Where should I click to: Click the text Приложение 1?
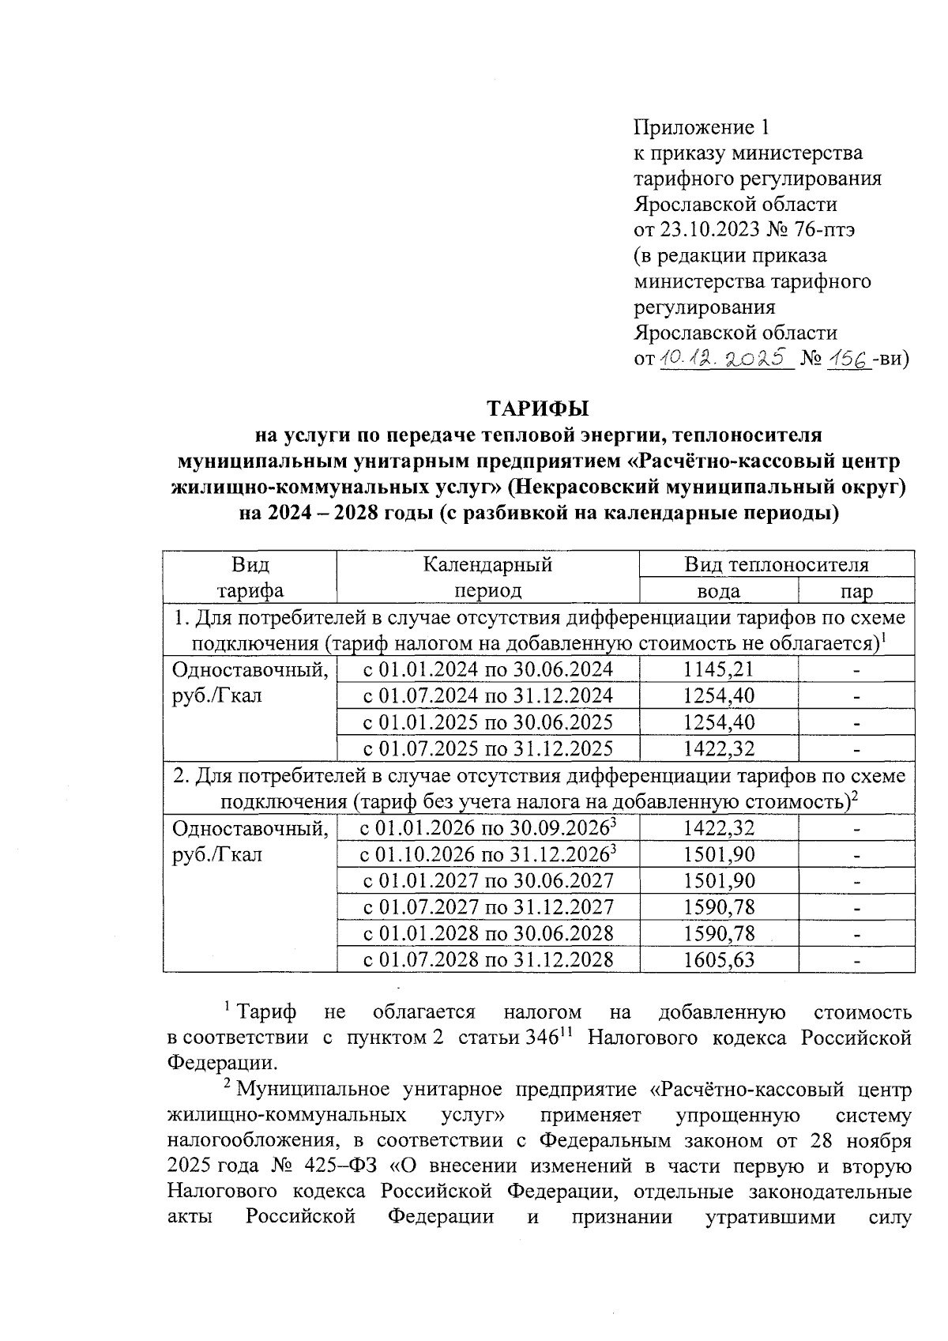point(701,127)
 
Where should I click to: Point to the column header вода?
point(718,591)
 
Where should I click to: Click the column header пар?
point(856,591)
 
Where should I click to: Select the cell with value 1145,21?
point(718,669)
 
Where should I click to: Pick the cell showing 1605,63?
point(718,960)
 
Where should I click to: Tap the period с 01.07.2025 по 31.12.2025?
point(487,748)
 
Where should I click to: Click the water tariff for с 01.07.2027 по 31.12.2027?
point(718,907)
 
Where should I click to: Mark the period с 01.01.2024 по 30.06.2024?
point(487,669)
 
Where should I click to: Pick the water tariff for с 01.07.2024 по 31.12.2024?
point(718,696)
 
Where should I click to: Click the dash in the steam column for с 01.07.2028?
point(856,961)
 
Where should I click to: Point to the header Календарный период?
point(487,578)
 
